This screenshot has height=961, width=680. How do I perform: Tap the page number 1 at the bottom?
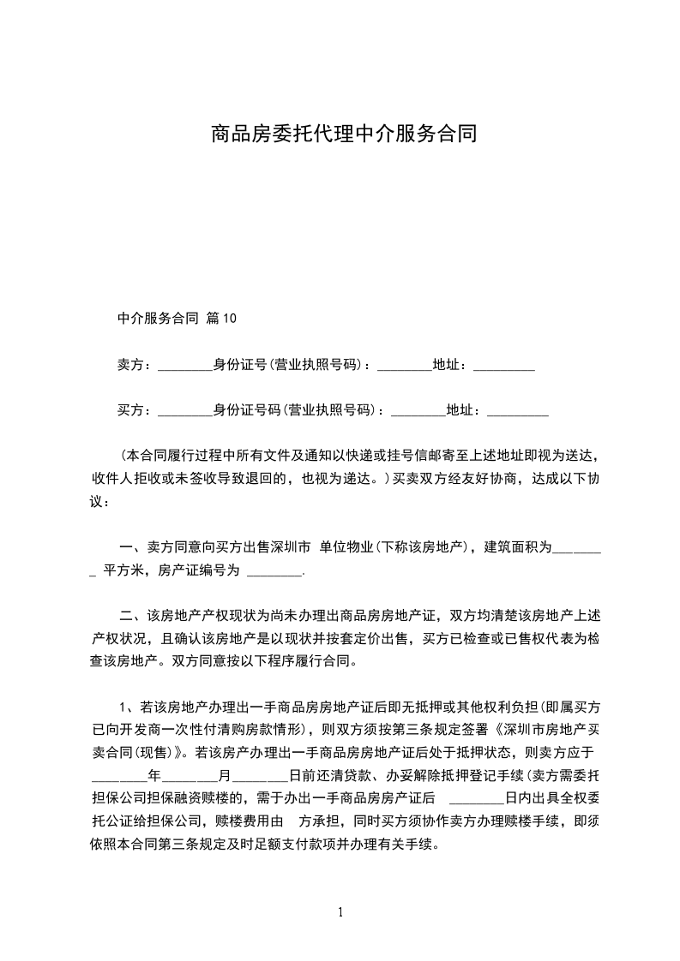[340, 912]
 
